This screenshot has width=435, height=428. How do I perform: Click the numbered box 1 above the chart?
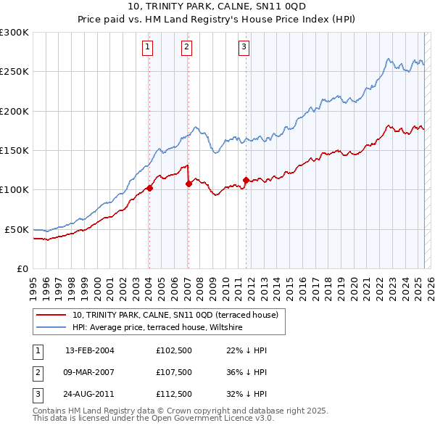pyautogui.click(x=147, y=48)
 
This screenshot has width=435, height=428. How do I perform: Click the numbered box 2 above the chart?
pyautogui.click(x=186, y=48)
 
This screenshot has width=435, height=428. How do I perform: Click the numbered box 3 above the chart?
pyautogui.click(x=244, y=48)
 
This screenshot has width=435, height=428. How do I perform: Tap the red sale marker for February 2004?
pyautogui.click(x=149, y=188)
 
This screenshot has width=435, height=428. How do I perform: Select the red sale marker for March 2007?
pyautogui.click(x=188, y=184)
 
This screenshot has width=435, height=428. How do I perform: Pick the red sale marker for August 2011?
pyautogui.click(x=246, y=180)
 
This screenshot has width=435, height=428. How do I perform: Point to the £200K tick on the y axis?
pyautogui.click(x=14, y=111)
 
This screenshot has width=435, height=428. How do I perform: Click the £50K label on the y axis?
pyautogui.click(x=17, y=229)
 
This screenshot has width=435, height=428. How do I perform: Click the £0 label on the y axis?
pyautogui.click(x=22, y=268)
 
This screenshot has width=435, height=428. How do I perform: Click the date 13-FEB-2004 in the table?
pyautogui.click(x=89, y=350)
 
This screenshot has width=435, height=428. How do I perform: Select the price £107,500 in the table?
pyautogui.click(x=174, y=371)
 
